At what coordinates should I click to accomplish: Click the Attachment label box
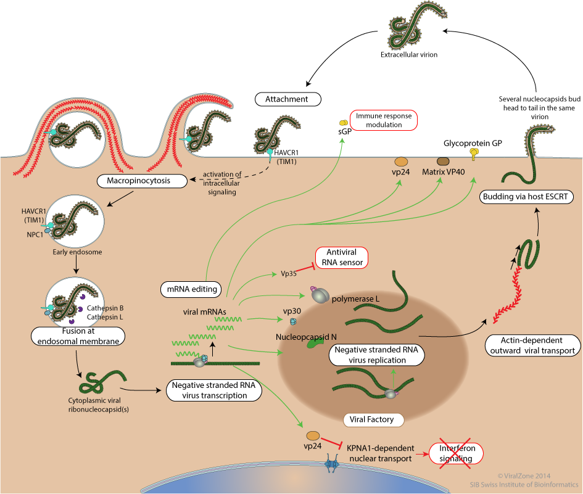(287, 99)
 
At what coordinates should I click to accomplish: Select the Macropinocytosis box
(142, 181)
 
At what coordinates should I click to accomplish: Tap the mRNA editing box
(191, 289)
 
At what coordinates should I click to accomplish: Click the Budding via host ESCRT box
(526, 197)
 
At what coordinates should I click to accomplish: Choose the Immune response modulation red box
(384, 120)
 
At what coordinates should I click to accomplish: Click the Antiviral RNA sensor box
(342, 258)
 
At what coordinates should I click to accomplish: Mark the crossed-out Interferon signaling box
(456, 453)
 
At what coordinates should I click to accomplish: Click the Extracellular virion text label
(409, 55)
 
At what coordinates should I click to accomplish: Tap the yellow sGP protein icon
(343, 123)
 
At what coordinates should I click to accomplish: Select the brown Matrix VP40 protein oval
(443, 162)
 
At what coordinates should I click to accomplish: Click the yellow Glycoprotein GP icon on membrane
(474, 153)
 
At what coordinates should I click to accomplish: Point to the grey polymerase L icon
(320, 295)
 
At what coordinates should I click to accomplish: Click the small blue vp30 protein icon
(294, 321)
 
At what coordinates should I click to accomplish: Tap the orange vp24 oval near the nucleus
(313, 435)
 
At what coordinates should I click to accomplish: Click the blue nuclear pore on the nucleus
(331, 464)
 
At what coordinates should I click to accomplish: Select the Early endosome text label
(77, 252)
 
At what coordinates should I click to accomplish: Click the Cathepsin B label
(105, 308)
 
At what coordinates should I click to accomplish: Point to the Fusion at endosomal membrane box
(78, 336)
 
